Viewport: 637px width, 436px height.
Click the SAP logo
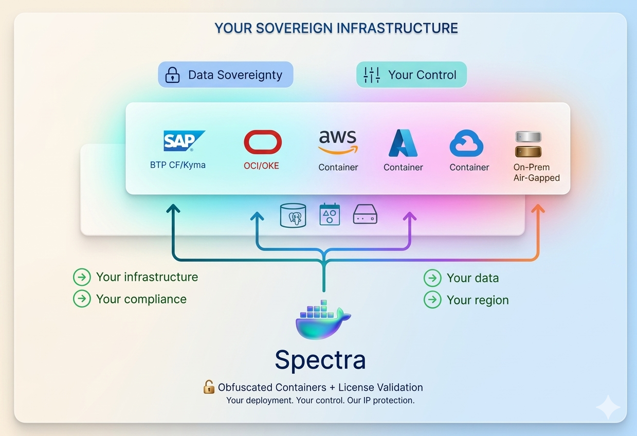click(x=184, y=140)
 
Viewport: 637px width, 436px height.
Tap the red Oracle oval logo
click(x=263, y=142)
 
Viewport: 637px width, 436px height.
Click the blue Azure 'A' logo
click(x=403, y=143)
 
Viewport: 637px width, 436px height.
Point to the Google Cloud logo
click(x=466, y=143)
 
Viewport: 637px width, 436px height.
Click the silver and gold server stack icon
click(x=529, y=144)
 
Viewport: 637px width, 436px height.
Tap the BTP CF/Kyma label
click(x=178, y=165)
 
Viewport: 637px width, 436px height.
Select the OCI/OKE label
click(x=261, y=166)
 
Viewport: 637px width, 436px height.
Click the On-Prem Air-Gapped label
click(x=536, y=172)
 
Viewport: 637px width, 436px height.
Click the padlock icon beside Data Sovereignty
click(x=172, y=75)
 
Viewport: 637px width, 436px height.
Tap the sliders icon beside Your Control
click(x=372, y=75)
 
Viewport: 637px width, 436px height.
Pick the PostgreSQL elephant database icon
click(x=293, y=215)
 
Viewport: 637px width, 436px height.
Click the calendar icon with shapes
click(x=330, y=214)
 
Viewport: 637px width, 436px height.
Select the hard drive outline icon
click(x=365, y=214)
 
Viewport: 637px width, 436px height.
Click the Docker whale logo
click(x=323, y=320)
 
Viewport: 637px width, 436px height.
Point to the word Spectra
click(x=320, y=360)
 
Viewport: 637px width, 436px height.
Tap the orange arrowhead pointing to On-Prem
click(x=538, y=209)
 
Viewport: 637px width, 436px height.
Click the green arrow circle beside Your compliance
click(x=82, y=299)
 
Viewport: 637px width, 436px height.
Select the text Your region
click(x=478, y=300)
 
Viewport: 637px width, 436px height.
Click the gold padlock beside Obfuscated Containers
click(x=209, y=387)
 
